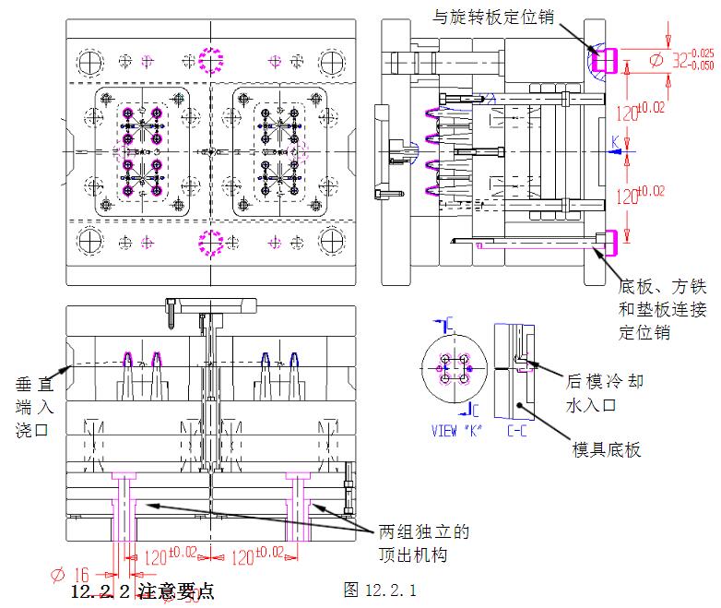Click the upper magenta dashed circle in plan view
(x=212, y=62)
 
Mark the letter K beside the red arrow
(x=616, y=139)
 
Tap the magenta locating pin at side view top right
(x=604, y=61)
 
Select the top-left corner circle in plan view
(x=90, y=63)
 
